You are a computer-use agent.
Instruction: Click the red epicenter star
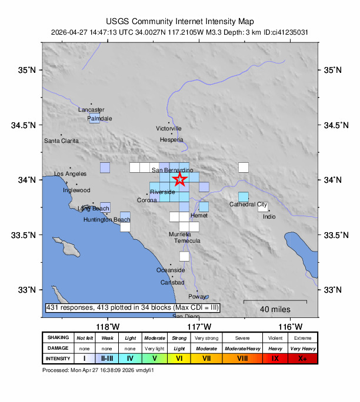180,179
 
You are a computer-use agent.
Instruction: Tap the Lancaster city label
91,110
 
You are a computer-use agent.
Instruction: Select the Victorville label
169,128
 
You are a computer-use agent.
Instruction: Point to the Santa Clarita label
61,141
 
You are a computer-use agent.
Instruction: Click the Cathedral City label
248,205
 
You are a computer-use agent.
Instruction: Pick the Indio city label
269,217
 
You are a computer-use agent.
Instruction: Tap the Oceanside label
171,270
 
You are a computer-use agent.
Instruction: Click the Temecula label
187,241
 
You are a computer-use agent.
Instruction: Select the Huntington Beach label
106,220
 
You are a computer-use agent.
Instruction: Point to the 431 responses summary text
132,308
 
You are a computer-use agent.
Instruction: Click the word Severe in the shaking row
242,338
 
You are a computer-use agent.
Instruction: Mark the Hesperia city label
172,140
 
